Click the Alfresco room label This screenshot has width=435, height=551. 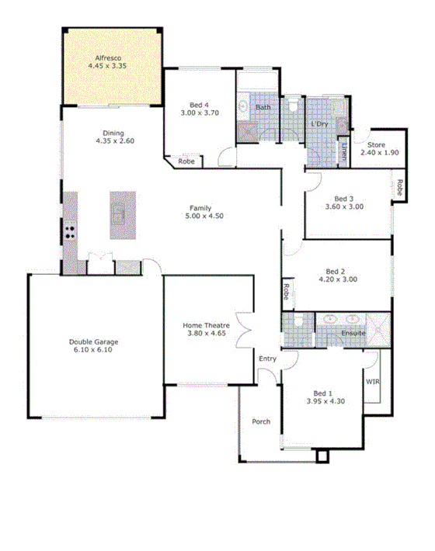tap(110, 57)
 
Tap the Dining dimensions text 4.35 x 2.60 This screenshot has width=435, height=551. tap(114, 141)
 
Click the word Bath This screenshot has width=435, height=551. tap(263, 107)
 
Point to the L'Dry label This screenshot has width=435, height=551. tap(318, 124)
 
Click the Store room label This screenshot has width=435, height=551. tap(377, 144)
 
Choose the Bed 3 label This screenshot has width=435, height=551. tap(344, 198)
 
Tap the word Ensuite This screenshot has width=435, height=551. tap(353, 333)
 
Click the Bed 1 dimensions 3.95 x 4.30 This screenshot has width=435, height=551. tap(325, 402)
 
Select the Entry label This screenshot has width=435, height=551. tap(267, 358)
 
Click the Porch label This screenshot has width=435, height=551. tap(261, 422)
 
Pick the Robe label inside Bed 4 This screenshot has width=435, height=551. tap(186, 162)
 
